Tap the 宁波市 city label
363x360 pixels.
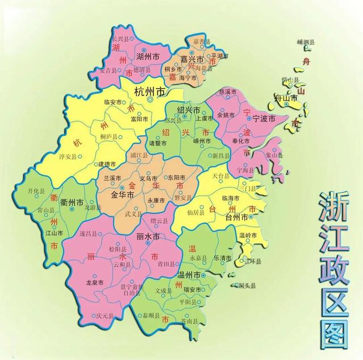click(x=263, y=119)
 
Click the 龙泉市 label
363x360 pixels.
click(x=94, y=282)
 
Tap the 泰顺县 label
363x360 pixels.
click(x=151, y=313)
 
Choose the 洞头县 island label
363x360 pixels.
click(x=247, y=286)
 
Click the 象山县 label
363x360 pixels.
click(x=274, y=155)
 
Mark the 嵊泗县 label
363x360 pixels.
click(x=306, y=42)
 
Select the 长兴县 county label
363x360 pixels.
click(x=121, y=39)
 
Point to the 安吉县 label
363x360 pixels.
click(x=107, y=71)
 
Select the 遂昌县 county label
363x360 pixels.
click(x=88, y=233)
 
